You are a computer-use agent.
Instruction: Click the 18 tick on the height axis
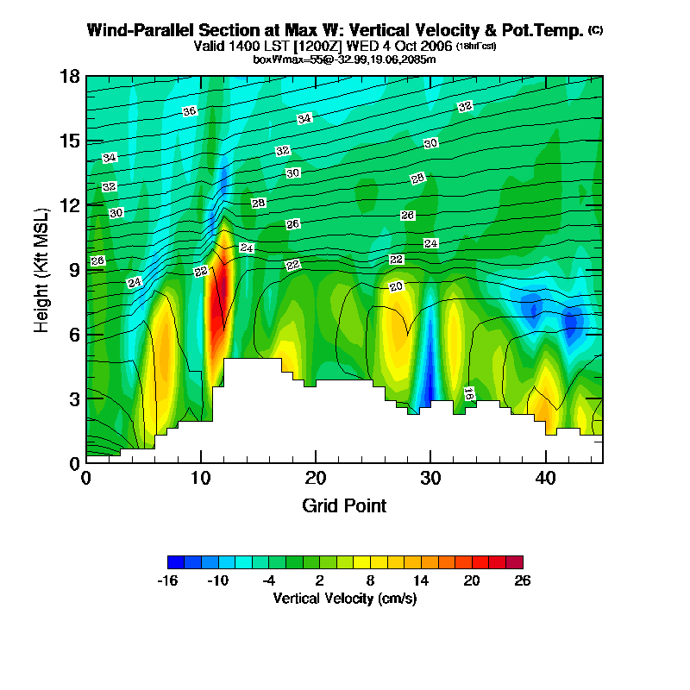coord(70,77)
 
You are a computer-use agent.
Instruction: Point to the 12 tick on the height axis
coord(70,205)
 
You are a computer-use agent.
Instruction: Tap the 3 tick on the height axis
coord(74,398)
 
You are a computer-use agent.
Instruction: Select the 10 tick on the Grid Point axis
coord(201,478)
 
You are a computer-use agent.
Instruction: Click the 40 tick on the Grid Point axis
coord(545,478)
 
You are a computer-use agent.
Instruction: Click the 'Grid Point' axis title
coord(344,505)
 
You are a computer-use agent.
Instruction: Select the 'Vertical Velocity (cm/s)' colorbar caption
coord(344,598)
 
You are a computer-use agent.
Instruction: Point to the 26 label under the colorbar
coord(522,580)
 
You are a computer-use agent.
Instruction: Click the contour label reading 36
coord(190,111)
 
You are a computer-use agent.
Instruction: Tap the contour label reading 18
coord(468,393)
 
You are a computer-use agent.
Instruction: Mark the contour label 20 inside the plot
coord(397,286)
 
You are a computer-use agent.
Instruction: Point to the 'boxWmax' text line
coord(344,59)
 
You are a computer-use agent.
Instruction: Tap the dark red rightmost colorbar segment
coord(514,561)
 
